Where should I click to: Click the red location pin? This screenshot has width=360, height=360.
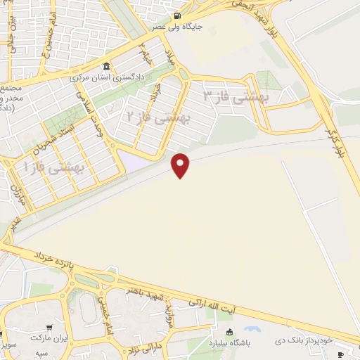(181, 164)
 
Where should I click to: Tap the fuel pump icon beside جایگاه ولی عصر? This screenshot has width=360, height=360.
(175, 15)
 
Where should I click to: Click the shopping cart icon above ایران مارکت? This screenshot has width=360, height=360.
(49, 327)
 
